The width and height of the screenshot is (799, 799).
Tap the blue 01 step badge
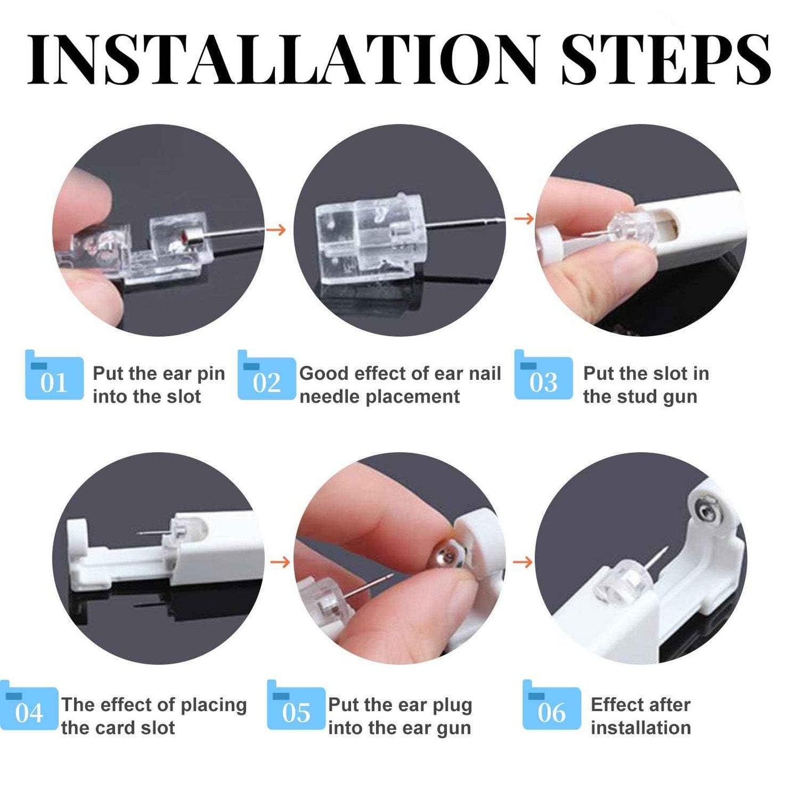(x=54, y=378)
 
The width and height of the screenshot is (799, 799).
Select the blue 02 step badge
(x=267, y=378)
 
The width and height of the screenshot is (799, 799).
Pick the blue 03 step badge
(x=543, y=378)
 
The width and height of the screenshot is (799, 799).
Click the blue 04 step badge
(x=29, y=709)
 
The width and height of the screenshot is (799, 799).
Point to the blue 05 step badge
(x=296, y=709)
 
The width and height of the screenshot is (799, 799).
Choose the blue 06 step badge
(x=551, y=709)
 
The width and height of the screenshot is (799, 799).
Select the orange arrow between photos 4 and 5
(x=280, y=562)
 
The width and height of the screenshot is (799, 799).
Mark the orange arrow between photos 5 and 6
(x=522, y=562)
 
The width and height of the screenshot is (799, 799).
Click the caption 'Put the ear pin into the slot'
(x=158, y=385)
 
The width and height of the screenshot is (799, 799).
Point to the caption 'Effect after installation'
(x=640, y=716)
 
